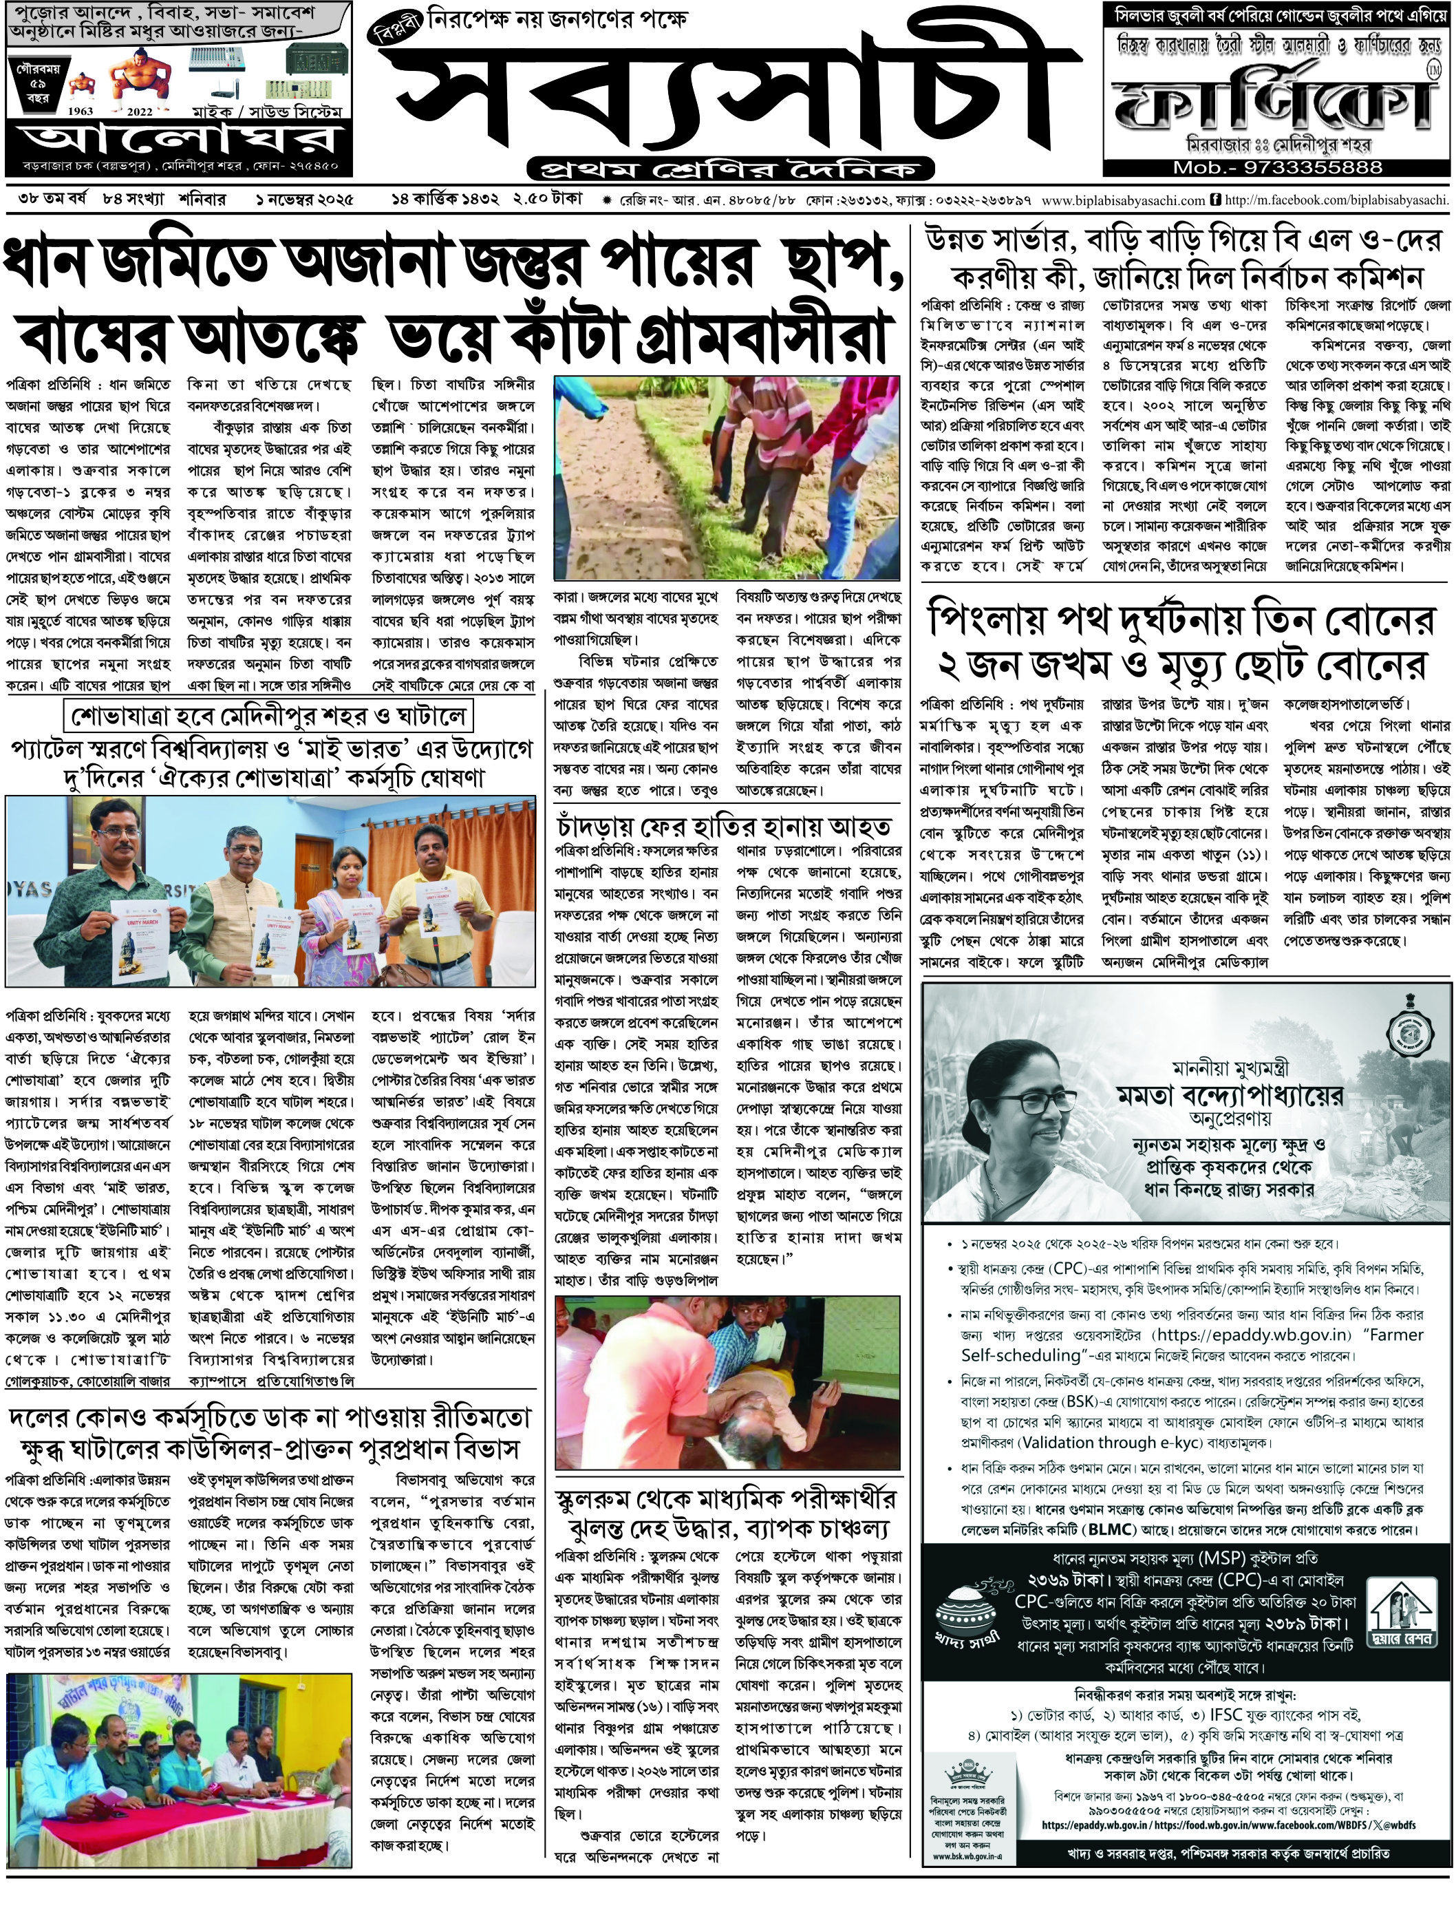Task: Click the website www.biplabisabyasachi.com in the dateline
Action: click(1122, 200)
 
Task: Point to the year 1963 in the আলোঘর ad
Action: click(81, 112)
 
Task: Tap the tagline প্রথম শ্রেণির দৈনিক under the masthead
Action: click(729, 168)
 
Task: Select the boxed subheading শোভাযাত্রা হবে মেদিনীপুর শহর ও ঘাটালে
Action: click(270, 717)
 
